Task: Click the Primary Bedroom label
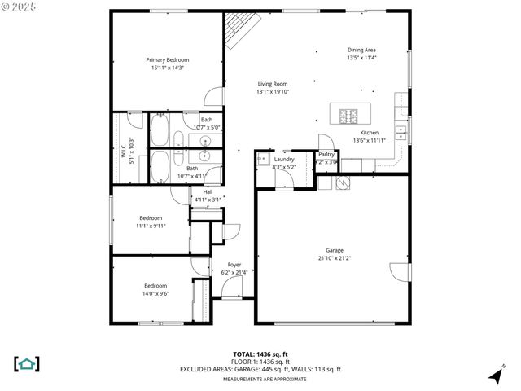[x=167, y=60]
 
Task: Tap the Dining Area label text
[x=361, y=50]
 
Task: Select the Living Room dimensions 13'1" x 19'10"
[x=273, y=92]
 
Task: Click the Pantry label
[x=326, y=154]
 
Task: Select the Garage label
[x=334, y=251]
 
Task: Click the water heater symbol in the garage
[x=342, y=183]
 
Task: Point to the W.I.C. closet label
[x=124, y=152]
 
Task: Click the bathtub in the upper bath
[x=159, y=128]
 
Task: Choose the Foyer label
[x=234, y=265]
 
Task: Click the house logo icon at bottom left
[x=27, y=363]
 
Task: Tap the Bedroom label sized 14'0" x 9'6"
[x=155, y=286]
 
